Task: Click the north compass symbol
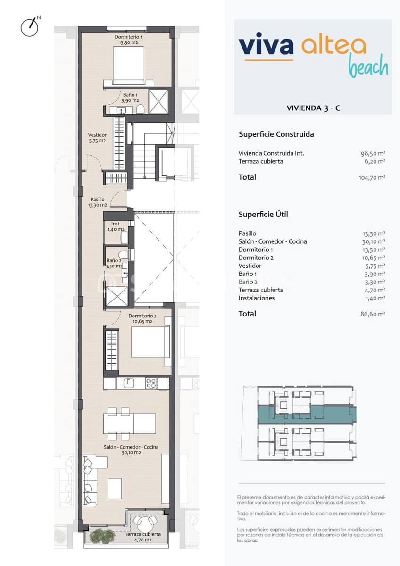point(29,27)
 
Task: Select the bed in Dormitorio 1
point(128,64)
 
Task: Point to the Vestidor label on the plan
point(97,138)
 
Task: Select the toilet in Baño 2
point(124,255)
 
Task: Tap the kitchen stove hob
point(151,383)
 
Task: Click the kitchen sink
point(129,383)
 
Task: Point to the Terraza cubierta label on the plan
point(142,537)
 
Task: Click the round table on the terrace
point(144,521)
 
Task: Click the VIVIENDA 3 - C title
point(313,108)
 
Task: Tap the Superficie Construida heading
point(276,134)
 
